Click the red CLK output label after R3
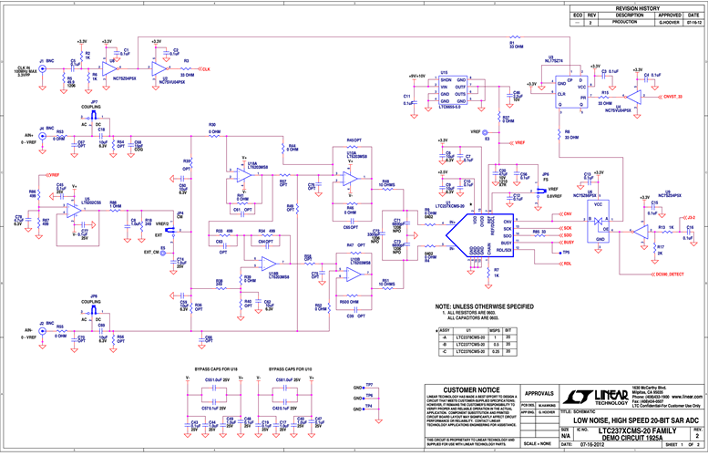coord(205,69)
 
